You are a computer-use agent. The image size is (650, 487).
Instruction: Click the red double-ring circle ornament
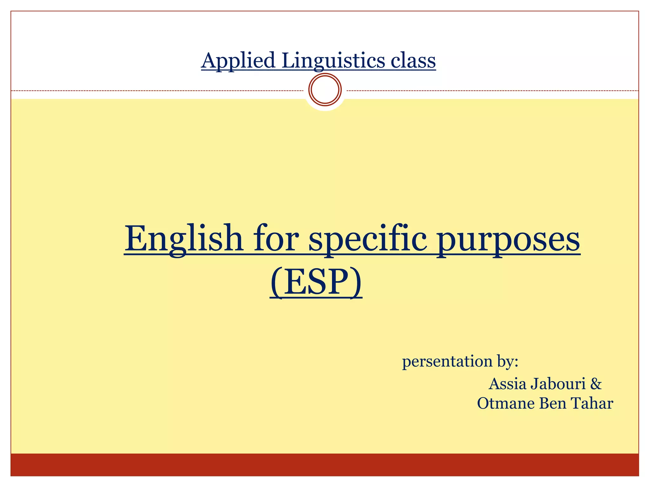pos(325,89)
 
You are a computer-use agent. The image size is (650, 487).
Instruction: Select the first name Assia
pos(508,384)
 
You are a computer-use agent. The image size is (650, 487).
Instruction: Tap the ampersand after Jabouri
pos(596,384)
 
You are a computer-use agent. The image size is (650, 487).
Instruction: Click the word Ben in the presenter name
pos(553,404)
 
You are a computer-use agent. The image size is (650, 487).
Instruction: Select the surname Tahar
pos(592,404)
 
